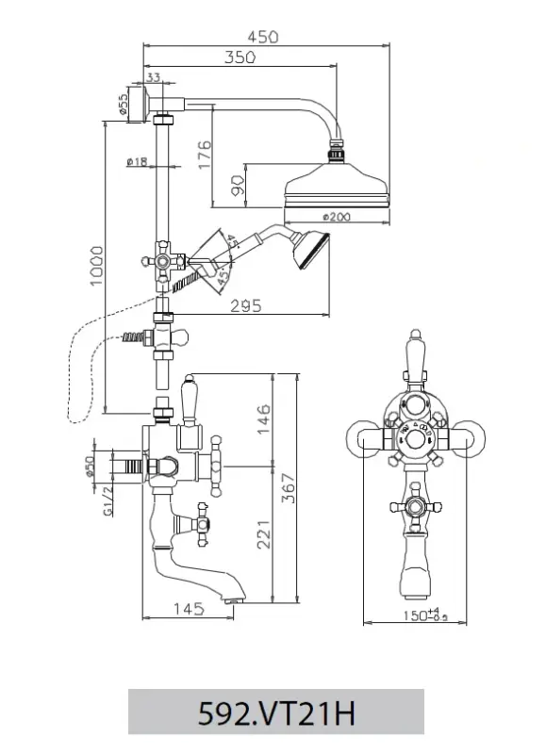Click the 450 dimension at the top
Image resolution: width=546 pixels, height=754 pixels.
[x=263, y=37]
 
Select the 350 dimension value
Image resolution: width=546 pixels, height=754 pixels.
[x=241, y=57]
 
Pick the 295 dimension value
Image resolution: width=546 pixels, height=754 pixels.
[x=245, y=304]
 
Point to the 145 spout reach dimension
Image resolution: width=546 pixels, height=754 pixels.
[x=189, y=609]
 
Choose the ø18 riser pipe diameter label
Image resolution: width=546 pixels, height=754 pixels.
[x=136, y=162]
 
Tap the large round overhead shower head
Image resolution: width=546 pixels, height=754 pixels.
[x=338, y=184]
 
